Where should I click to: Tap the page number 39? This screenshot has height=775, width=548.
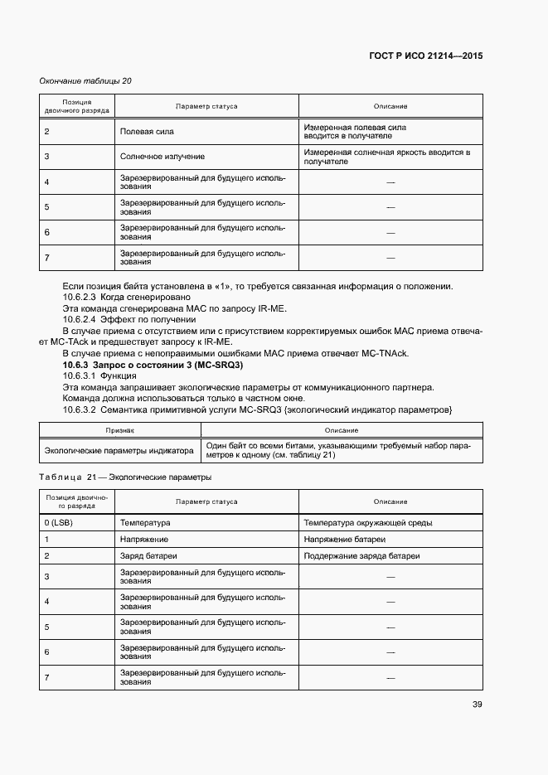477,705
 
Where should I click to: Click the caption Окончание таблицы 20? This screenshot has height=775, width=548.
85,80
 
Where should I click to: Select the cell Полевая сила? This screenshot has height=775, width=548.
147,132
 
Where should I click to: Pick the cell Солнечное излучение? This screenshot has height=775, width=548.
162,156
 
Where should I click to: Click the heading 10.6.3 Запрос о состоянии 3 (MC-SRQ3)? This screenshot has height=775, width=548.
153,366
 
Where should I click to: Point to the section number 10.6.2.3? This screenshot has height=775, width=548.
80,296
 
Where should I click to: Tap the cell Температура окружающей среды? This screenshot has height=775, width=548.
367,523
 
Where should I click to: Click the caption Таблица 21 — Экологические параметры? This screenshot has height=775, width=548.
124,477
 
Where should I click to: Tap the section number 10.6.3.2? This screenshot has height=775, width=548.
80,409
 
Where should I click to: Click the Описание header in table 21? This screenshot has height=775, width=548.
390,501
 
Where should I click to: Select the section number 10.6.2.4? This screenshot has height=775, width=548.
80,319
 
